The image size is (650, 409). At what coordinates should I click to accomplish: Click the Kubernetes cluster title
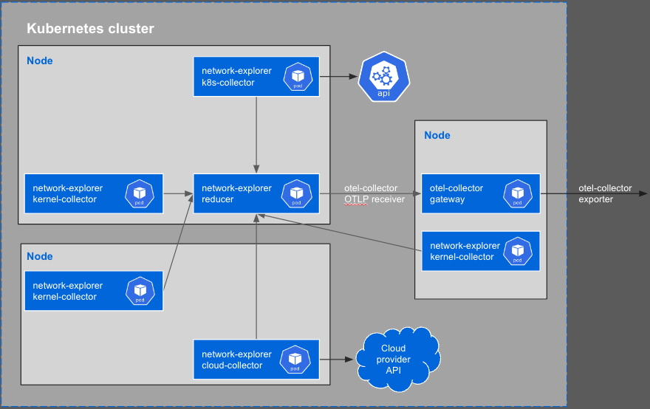[90, 30]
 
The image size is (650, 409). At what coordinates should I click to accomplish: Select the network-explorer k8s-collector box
[256, 77]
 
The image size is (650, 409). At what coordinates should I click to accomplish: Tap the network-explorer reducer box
[256, 193]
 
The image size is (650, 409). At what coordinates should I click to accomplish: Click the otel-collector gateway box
[480, 193]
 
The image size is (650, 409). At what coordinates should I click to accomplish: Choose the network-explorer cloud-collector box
[256, 360]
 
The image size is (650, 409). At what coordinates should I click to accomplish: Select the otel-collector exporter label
[605, 193]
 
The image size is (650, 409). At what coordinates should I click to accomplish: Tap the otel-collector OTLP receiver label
[374, 193]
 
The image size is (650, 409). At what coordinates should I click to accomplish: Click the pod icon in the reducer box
[296, 193]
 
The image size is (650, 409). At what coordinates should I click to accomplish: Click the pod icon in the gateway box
[518, 193]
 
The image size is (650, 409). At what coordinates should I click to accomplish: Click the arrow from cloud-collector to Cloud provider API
[337, 360]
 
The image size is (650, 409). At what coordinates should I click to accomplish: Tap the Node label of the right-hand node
[437, 135]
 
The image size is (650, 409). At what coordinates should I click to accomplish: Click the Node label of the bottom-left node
[40, 256]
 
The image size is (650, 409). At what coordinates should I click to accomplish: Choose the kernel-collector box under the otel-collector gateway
[480, 251]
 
